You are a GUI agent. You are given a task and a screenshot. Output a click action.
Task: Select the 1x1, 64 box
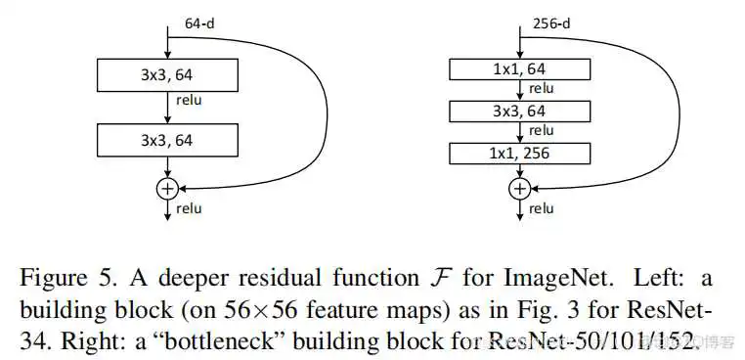coord(520,68)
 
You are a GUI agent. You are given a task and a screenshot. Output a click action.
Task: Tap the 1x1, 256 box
coord(520,154)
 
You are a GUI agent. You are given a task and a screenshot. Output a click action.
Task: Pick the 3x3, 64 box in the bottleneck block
coord(520,112)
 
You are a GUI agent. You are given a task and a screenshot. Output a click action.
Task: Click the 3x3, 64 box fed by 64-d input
coord(167,74)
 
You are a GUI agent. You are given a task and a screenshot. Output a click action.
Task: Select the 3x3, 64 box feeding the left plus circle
coord(167,140)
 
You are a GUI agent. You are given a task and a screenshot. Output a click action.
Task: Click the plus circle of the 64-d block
coord(167,187)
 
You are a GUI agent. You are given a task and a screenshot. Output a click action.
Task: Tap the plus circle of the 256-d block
coord(520,187)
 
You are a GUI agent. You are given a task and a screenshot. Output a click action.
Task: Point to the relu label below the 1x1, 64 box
coord(541,89)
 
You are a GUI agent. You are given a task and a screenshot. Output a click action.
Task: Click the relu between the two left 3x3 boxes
coord(189,100)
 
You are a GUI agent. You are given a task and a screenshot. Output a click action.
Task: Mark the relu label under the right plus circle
coord(541,208)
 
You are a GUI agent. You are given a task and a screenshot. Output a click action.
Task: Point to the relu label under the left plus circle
coord(189,208)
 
